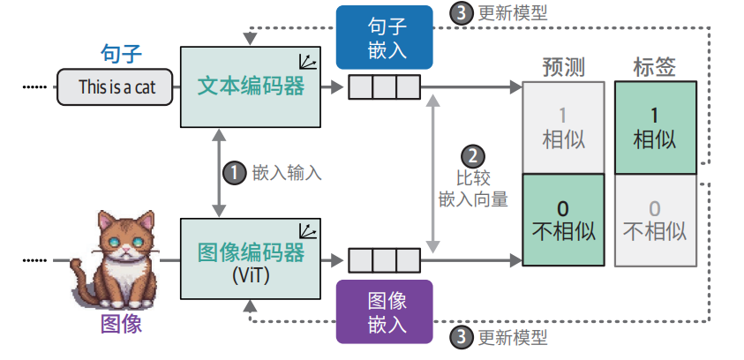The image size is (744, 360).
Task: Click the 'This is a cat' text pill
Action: [x=113, y=87]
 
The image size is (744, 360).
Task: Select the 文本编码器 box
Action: [x=251, y=87]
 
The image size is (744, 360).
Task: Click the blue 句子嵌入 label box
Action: [x=385, y=37]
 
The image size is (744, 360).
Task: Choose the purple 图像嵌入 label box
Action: [x=385, y=311]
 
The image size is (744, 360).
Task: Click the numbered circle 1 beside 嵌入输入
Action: [x=233, y=172]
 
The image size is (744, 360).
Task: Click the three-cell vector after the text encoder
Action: [x=384, y=87]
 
